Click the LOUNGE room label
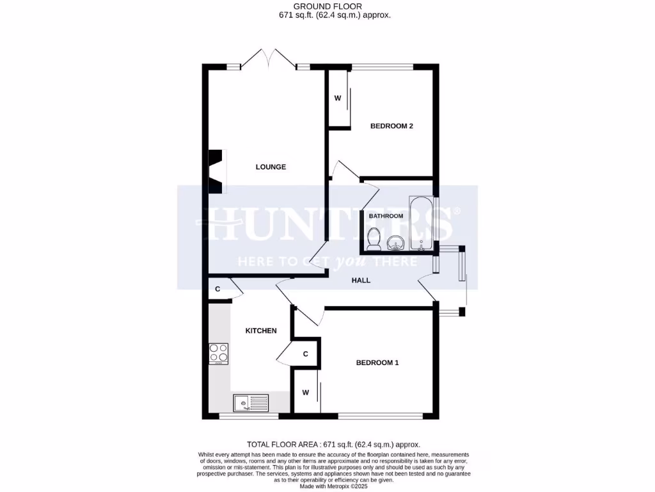[x=271, y=167]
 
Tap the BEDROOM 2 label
[x=391, y=126]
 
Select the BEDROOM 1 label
[x=377, y=363]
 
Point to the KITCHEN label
[x=262, y=331]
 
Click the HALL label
[x=361, y=280]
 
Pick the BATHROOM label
[x=386, y=216]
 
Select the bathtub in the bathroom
[x=422, y=223]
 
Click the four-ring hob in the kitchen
[x=219, y=354]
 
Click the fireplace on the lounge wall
[x=217, y=171]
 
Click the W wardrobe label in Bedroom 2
[x=338, y=98]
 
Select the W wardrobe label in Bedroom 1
[x=305, y=392]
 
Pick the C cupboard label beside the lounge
[x=217, y=289]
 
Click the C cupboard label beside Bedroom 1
[x=306, y=354]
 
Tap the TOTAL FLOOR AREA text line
[x=333, y=444]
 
